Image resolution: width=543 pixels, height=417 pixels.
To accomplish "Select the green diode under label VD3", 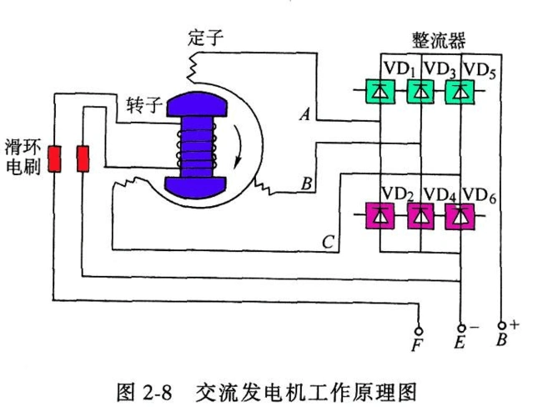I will click(421, 91).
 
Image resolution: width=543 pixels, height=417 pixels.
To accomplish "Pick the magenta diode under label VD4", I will click(421, 217).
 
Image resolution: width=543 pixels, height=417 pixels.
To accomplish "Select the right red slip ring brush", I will click(84, 158).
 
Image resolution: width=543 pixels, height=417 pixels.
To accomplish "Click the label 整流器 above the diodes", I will click(438, 40).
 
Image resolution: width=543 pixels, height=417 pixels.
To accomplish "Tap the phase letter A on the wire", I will click(305, 117).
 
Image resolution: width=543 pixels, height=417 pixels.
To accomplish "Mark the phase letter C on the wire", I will click(328, 242).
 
